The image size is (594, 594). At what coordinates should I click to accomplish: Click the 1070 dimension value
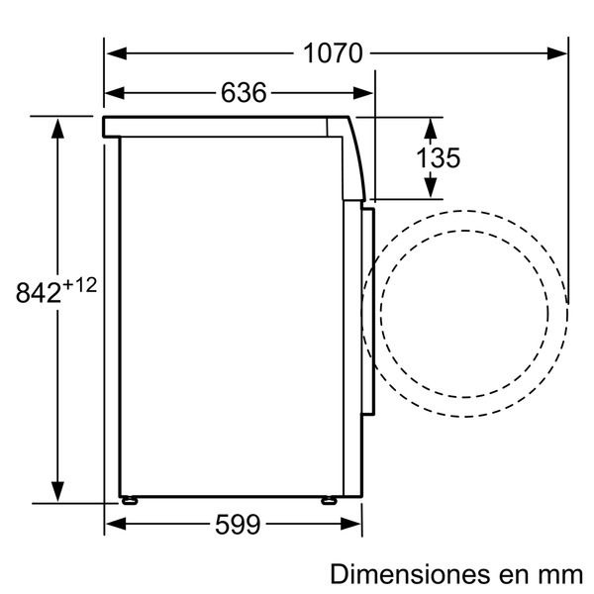coord(333,53)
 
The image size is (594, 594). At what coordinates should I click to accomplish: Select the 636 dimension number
coord(244,93)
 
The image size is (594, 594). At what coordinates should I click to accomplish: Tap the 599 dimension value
coord(238,525)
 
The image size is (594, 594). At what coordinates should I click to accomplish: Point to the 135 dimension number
coord(438,157)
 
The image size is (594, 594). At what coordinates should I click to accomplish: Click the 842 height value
coord(39,292)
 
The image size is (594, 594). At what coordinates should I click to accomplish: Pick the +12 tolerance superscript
coord(80,285)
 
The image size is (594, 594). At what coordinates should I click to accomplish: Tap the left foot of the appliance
coord(130,501)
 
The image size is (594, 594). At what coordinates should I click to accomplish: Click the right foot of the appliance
coord(329,501)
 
